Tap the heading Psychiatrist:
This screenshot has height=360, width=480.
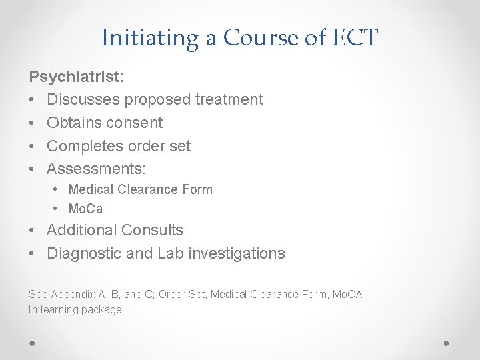point(76,77)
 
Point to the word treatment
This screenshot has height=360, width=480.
point(229,99)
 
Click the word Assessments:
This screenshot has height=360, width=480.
point(96,169)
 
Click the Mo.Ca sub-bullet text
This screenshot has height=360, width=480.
point(85,209)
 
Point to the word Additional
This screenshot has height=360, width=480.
point(81,230)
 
